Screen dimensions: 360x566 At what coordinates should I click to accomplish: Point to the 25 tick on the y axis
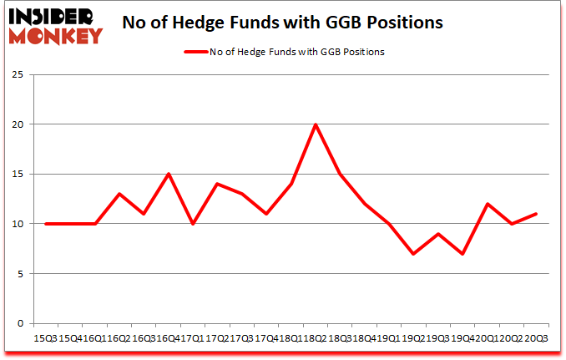tap(18, 74)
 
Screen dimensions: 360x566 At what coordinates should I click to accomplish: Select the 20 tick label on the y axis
tap(18, 124)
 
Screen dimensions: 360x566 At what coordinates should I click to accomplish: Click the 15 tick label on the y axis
tap(18, 174)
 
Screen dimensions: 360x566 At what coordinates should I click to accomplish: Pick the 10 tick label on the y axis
tap(18, 224)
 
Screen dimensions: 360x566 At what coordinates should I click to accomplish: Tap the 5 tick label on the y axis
tap(21, 274)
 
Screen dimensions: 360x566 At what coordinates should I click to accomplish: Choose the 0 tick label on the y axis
tap(21, 324)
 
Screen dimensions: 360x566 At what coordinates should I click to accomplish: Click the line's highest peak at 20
tap(315, 124)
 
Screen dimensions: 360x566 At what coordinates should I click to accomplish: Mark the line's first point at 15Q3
tap(47, 224)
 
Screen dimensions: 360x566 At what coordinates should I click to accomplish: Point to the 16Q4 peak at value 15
tap(169, 174)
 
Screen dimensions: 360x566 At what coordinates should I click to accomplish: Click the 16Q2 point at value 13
tap(120, 194)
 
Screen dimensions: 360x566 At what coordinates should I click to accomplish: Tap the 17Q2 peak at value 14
tap(217, 184)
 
